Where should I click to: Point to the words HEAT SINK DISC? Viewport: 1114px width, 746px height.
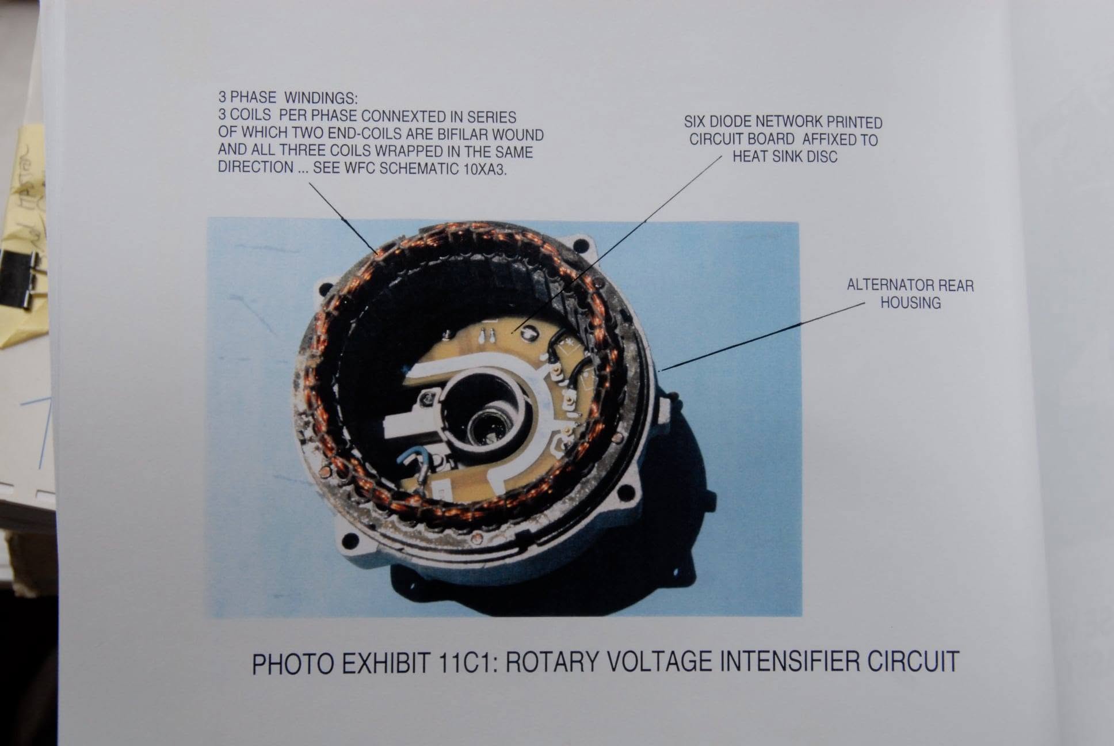click(785, 157)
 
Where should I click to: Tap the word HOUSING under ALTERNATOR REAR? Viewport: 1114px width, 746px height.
click(910, 303)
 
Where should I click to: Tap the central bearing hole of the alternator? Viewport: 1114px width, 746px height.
click(486, 429)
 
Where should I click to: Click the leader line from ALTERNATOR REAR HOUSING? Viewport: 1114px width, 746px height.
click(763, 337)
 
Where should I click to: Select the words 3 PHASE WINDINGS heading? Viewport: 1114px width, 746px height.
click(288, 98)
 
